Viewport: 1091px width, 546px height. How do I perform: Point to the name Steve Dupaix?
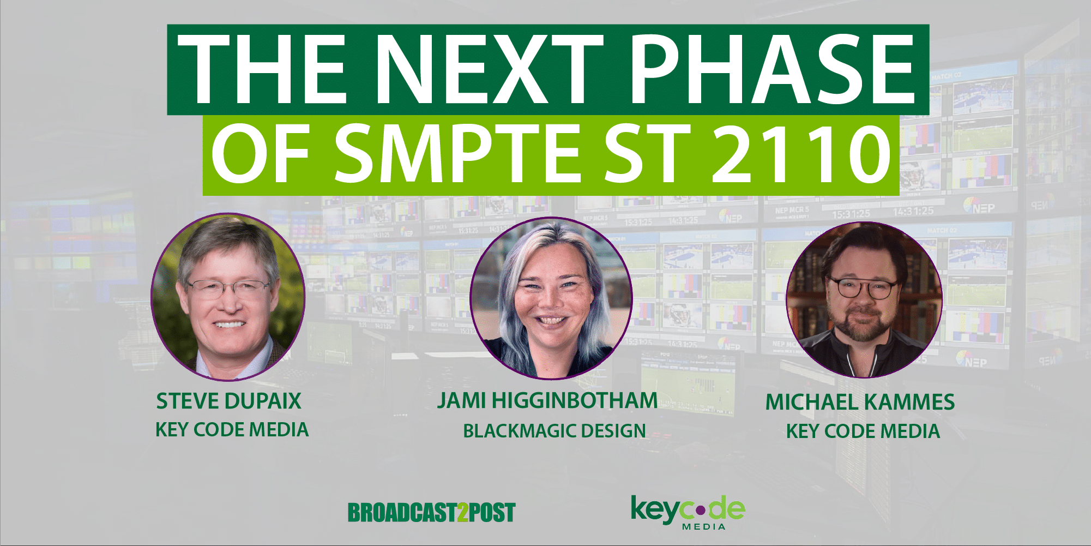point(228,401)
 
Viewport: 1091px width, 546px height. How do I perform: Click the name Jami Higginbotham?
point(547,401)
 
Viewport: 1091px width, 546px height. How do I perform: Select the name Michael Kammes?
point(860,403)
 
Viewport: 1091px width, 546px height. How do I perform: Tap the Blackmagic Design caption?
point(554,431)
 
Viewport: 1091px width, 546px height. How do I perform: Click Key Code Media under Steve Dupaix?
point(232,430)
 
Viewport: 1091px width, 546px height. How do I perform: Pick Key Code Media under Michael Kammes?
point(863,431)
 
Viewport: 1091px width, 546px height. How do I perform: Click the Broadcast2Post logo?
point(431,513)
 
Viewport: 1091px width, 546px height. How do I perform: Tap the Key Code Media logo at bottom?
point(688,512)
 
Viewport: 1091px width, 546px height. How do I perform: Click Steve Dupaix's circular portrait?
point(228,297)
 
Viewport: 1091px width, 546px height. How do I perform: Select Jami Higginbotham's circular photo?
point(551,298)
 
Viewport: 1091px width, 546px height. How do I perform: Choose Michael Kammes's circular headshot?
point(864,299)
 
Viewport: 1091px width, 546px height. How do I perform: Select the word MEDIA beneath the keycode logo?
point(704,526)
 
